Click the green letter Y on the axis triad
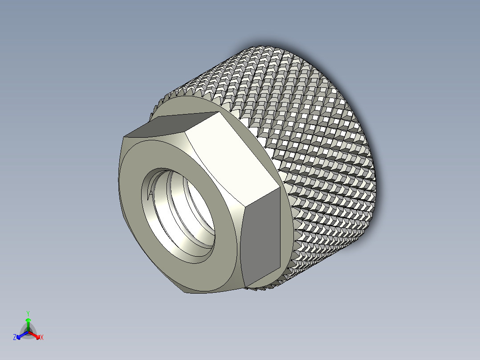(28, 313)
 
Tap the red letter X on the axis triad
(41, 338)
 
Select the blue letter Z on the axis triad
(15, 338)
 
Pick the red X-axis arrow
(36, 335)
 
